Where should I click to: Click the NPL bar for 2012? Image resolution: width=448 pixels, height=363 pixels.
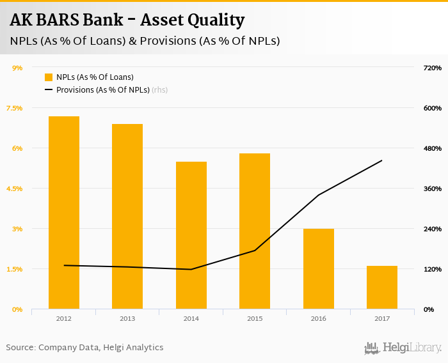pos(63,213)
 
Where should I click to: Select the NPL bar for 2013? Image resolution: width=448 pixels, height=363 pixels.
pos(127,217)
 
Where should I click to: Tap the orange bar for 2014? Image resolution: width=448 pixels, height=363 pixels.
pos(191,235)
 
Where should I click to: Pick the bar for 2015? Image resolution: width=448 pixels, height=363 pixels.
pos(255,231)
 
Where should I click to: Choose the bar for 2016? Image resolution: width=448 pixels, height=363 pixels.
pos(318,269)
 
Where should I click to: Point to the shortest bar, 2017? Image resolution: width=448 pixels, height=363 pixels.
pos(382,288)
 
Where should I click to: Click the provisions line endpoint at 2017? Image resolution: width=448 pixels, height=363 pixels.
pos(382,160)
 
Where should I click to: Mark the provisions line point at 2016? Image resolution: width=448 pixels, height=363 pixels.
pos(318,195)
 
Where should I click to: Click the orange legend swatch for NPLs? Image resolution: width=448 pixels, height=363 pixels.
pos(49,77)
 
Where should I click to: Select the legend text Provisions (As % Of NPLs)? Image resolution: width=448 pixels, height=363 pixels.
pos(102,90)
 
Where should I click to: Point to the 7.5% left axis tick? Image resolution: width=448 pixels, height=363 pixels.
pos(14,108)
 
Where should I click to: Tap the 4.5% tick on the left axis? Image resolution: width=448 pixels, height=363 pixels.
pos(14,189)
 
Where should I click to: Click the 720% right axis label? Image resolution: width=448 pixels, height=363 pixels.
pos(433,68)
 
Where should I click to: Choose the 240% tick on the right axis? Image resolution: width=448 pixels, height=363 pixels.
pos(433,229)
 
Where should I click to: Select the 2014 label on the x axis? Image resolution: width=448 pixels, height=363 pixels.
pos(191,318)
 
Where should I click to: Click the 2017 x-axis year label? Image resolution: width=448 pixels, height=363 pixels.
pos(382,318)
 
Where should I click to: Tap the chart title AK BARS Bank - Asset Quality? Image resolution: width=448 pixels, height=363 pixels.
pos(127,20)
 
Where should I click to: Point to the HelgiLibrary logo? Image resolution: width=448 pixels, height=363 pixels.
pos(403,348)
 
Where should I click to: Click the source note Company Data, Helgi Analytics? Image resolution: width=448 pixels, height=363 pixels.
pos(85,348)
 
